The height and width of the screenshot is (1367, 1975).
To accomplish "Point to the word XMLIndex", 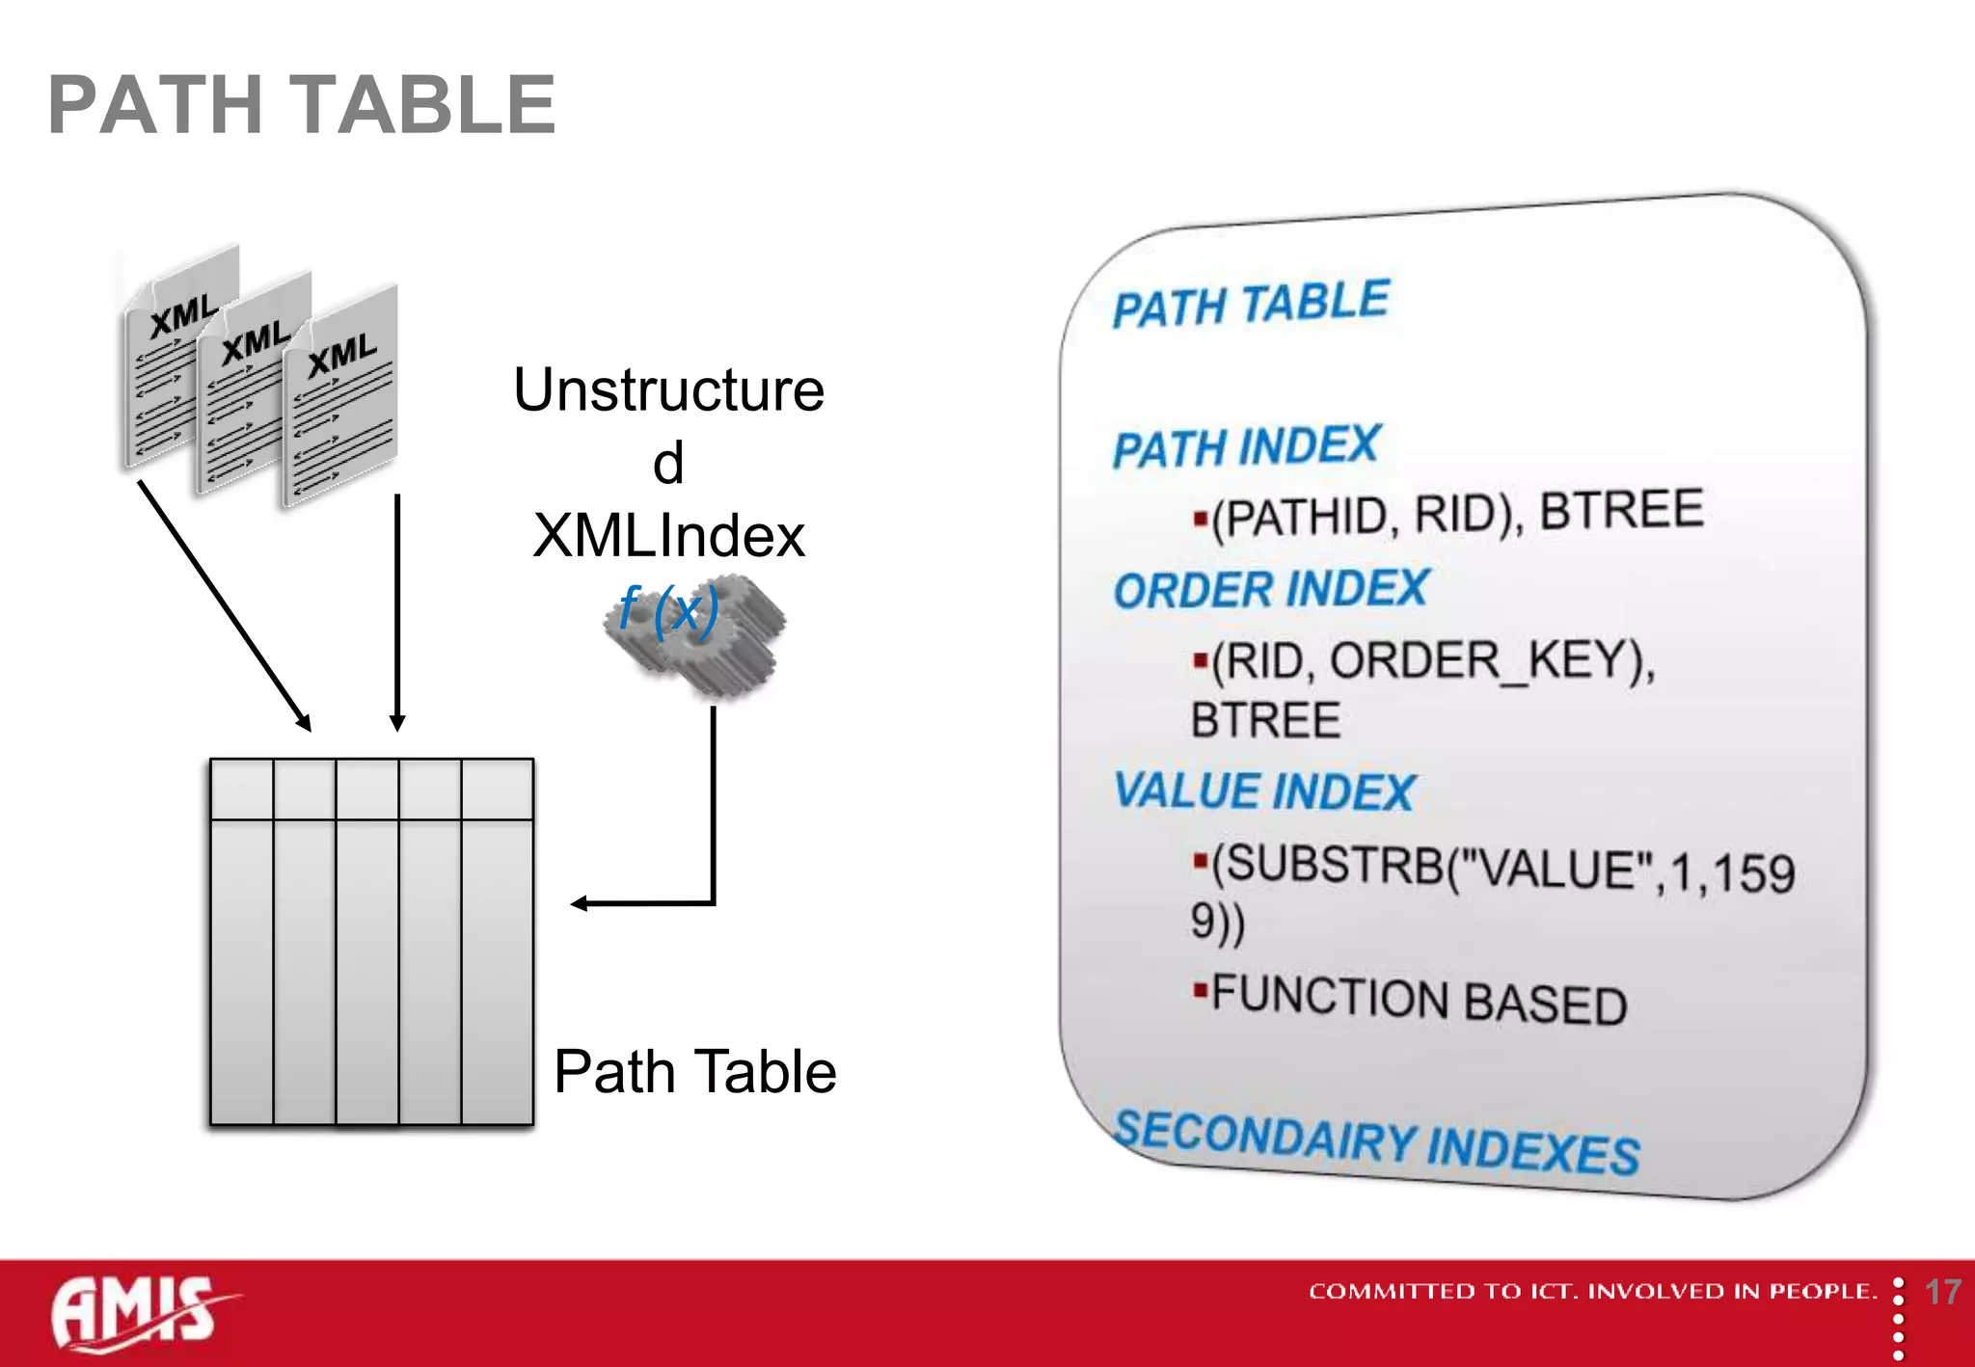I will tap(668, 536).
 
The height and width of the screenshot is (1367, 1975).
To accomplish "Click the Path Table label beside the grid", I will tap(694, 1071).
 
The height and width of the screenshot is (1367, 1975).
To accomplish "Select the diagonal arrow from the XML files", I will tap(224, 605).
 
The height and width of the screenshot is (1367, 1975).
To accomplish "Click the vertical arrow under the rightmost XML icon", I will tap(397, 612).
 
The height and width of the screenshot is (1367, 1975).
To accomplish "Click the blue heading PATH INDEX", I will tap(1246, 447).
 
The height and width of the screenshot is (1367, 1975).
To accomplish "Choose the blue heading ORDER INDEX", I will tap(1270, 589).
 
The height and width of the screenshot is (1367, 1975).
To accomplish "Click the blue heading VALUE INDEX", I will tap(1263, 791).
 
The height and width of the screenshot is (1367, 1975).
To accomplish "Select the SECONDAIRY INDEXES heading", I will tap(1376, 1142).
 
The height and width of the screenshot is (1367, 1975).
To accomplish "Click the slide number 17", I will tap(1941, 1292).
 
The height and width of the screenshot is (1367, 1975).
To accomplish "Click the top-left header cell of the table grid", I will tap(242, 789).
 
